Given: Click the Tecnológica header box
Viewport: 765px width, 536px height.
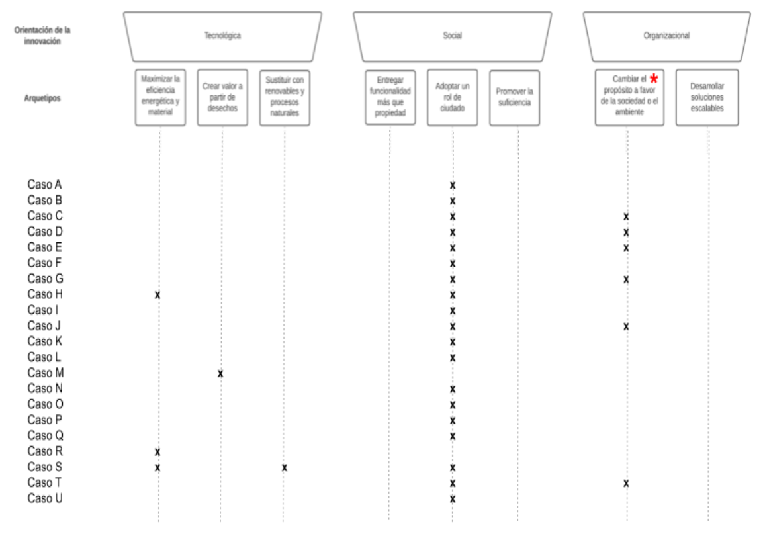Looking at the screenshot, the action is (222, 36).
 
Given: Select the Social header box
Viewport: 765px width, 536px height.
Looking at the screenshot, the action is (452, 36).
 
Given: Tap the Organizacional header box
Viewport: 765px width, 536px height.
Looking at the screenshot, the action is (666, 36).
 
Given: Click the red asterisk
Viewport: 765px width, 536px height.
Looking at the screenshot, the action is (654, 79).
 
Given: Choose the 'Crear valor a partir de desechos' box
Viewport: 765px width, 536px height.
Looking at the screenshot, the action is (222, 97).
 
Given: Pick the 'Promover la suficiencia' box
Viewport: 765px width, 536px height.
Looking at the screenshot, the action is (514, 97).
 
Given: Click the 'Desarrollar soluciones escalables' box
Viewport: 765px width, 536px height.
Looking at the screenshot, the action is (707, 97).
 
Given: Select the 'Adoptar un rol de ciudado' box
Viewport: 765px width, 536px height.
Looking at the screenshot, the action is (452, 97).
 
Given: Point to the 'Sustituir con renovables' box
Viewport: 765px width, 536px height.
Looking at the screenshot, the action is (285, 97).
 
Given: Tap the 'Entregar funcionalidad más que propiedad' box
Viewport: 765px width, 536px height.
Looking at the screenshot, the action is (390, 97).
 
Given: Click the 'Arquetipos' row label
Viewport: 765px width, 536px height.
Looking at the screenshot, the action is (42, 98).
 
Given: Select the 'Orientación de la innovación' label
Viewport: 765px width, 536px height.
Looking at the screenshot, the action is (42, 36).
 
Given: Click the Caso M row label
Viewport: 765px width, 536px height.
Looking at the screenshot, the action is (46, 373).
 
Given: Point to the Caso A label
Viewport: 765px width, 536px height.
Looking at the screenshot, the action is (44, 185).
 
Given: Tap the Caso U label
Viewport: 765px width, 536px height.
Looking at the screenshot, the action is (45, 498).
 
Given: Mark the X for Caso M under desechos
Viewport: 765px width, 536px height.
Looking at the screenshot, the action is (220, 374).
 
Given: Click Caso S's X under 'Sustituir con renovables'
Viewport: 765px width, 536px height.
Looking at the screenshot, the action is (285, 468).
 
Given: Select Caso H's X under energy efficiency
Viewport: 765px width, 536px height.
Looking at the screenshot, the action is (157, 295).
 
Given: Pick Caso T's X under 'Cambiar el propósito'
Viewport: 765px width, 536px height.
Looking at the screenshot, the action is (626, 483).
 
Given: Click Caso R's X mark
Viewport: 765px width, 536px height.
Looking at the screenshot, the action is (157, 452).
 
